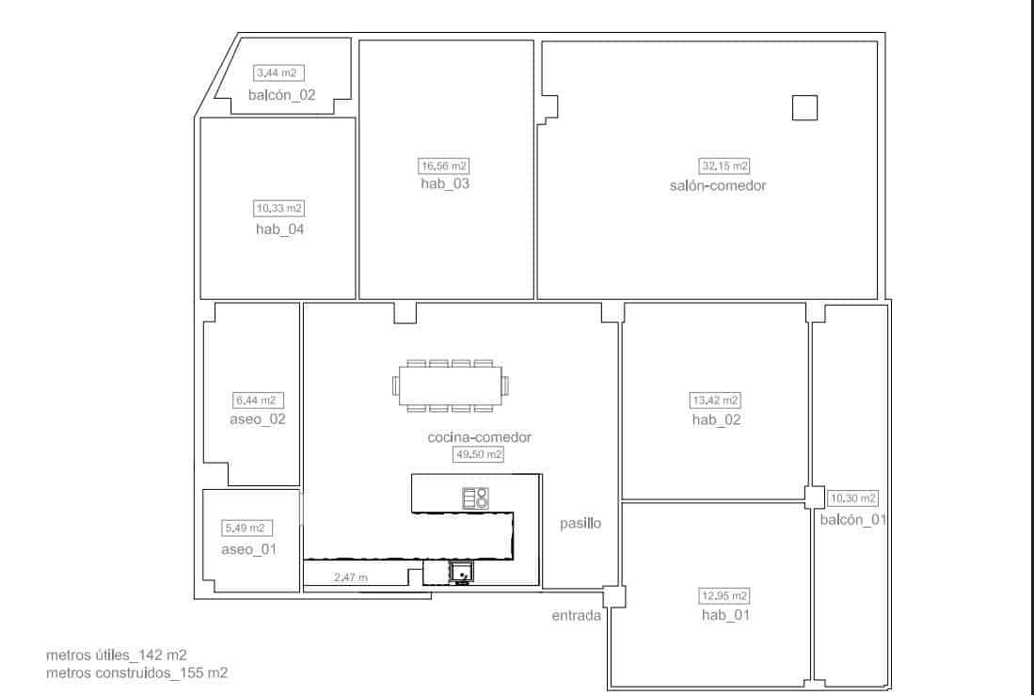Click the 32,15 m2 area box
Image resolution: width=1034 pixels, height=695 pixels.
(x=724, y=166)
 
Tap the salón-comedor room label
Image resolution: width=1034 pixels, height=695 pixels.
(x=711, y=185)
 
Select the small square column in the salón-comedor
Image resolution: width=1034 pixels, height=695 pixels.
(x=804, y=108)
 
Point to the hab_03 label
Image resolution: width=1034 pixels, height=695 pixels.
(x=444, y=183)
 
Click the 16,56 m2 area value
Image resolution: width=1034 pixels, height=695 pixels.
(x=444, y=166)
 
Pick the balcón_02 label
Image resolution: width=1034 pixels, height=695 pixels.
(x=281, y=95)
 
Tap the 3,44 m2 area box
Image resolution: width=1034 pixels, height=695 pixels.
(x=279, y=73)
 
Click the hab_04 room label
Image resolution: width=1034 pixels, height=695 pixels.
(x=279, y=229)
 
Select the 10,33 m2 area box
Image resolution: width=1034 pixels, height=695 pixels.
(x=280, y=208)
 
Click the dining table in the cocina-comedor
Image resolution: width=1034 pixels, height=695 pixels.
(x=451, y=386)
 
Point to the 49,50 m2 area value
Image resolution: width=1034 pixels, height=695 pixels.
(x=479, y=454)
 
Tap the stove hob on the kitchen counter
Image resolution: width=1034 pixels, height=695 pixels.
(x=475, y=498)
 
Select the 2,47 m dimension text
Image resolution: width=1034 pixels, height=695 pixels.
(x=351, y=577)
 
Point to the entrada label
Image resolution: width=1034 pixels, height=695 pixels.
(x=577, y=616)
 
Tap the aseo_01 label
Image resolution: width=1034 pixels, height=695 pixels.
(x=248, y=549)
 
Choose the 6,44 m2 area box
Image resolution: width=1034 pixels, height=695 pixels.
(x=254, y=400)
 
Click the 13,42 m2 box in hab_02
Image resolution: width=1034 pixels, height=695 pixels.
(x=715, y=400)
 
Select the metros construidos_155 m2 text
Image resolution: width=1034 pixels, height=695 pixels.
(x=136, y=672)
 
